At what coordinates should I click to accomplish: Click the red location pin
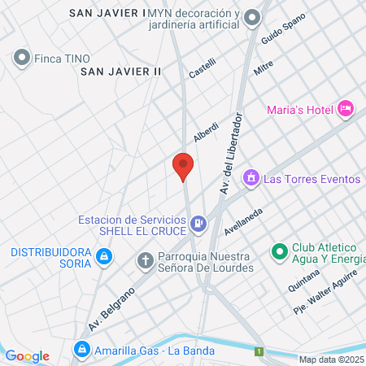pyautogui.click(x=183, y=166)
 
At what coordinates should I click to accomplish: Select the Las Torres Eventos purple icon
pyautogui.click(x=251, y=177)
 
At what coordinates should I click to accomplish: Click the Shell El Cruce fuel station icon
pyautogui.click(x=198, y=223)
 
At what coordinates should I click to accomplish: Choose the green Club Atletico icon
pyautogui.click(x=279, y=253)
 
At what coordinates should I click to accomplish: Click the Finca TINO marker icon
pyautogui.click(x=21, y=58)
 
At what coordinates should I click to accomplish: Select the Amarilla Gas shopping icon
pyautogui.click(x=81, y=351)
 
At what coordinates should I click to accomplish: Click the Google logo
pyautogui.click(x=27, y=355)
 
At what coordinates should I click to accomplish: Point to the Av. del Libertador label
pyautogui.click(x=233, y=155)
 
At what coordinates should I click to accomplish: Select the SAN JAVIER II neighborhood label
pyautogui.click(x=121, y=72)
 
